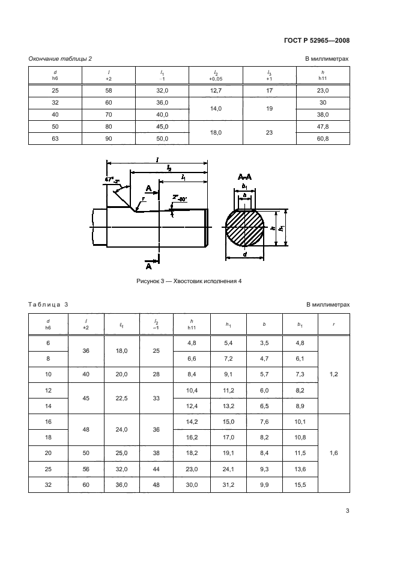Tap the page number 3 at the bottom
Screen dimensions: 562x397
pos(347,511)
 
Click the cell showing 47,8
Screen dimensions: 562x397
pos(323,127)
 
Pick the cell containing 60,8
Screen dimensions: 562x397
pos(323,139)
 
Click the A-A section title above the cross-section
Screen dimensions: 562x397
pos(244,177)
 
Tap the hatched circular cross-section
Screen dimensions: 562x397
pos(244,228)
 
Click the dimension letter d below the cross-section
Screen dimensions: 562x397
pos(244,254)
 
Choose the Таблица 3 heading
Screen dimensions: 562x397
pos(49,305)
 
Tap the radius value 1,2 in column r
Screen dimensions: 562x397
pos(333,374)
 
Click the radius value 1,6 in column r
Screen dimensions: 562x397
pos(333,453)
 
